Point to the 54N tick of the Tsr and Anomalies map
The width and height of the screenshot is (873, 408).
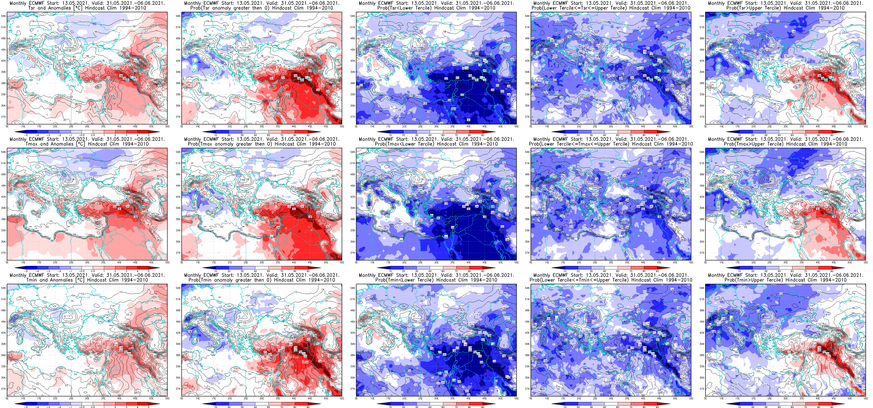(3, 16)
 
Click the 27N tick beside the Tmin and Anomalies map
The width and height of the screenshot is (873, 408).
(3, 389)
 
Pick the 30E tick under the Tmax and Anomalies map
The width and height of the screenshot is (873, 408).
(87, 262)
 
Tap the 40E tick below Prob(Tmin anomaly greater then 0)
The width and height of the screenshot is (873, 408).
(294, 398)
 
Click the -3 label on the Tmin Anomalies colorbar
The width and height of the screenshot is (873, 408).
(48, 406)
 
